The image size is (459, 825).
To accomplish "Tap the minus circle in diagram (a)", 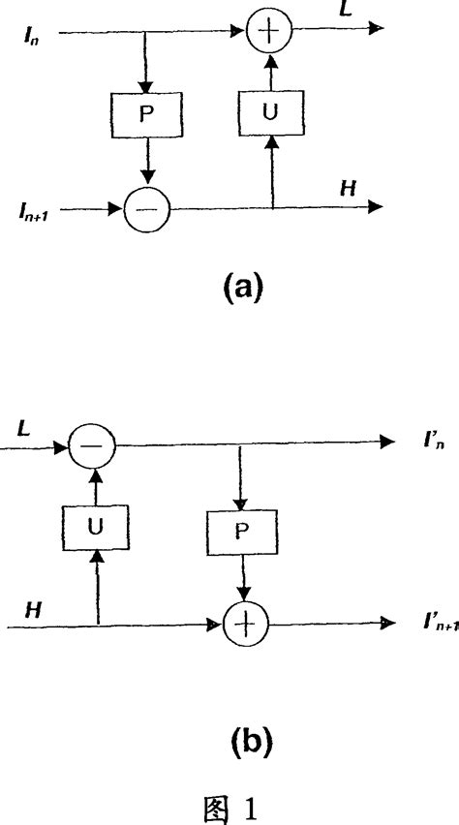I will point(145,206).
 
